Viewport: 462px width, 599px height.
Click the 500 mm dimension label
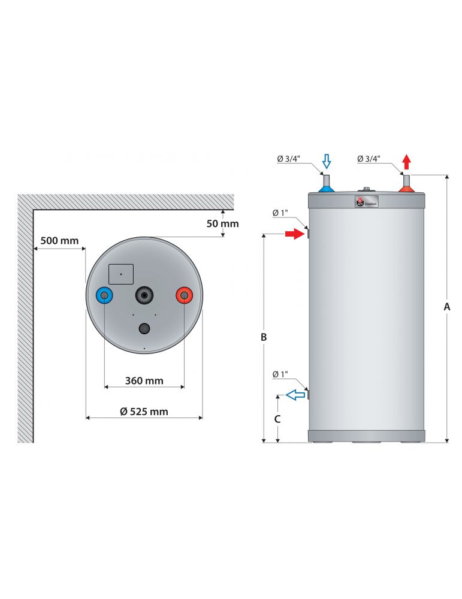59,241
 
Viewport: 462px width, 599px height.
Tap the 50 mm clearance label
222,223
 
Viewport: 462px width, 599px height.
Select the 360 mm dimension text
144,380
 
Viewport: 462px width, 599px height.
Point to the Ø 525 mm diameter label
144,411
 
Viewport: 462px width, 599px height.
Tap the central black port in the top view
144,294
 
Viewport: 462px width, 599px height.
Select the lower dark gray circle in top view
144,328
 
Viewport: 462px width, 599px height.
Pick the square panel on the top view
121,274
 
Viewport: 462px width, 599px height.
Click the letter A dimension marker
446,306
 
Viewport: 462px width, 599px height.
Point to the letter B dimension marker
264,337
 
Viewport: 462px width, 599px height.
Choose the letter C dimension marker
277,419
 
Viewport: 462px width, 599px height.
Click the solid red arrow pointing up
407,161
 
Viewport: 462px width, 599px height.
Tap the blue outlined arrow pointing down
327,161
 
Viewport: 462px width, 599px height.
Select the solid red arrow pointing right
294,234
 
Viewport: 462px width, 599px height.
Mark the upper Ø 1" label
280,213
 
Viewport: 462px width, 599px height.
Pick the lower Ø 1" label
280,374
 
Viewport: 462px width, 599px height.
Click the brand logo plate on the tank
367,202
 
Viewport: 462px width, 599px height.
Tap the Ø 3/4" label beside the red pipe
370,159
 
